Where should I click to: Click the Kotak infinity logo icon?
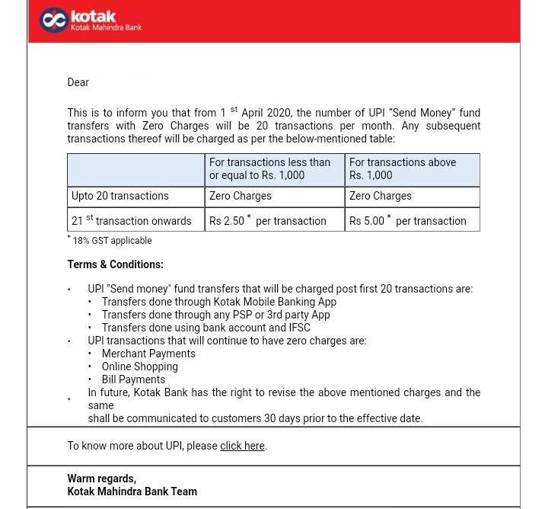point(53,21)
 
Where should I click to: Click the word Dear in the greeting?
point(78,82)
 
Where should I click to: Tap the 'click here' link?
point(242,446)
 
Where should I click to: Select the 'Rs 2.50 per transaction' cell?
point(267,221)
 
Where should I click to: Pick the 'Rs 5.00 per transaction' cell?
point(407,221)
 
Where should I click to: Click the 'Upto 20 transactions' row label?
point(120,196)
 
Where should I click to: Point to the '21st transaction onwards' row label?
point(131,221)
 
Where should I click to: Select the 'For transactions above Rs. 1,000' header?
point(402,168)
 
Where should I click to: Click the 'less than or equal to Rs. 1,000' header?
point(269,168)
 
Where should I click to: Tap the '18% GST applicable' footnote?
point(112,241)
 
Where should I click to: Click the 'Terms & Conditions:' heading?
point(115,264)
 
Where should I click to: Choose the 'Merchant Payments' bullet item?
point(148,354)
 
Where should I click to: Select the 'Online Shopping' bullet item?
point(139,367)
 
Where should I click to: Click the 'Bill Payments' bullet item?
point(133,379)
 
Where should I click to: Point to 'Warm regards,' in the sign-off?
point(101,479)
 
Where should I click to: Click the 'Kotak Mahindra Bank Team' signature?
point(132,491)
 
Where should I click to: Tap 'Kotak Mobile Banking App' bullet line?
point(218,302)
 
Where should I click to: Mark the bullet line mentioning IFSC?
point(206,328)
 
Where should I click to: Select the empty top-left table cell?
point(135,169)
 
